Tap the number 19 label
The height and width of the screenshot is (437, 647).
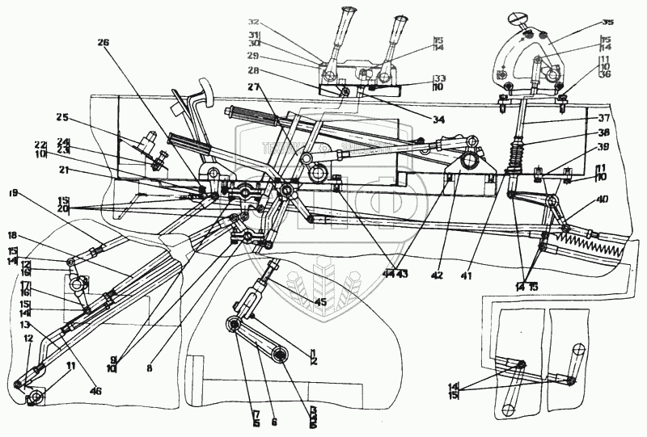tap(14, 194)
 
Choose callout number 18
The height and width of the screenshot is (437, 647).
tap(14, 234)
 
